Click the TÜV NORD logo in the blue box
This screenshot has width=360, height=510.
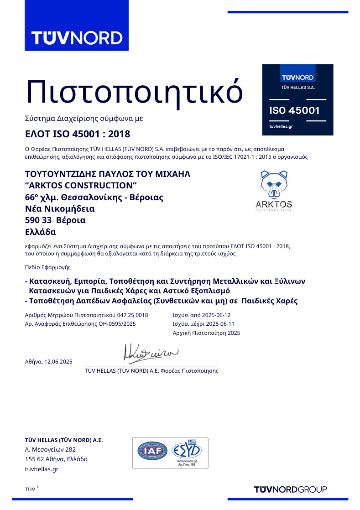[76, 37]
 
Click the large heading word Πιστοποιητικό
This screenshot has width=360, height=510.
[134, 91]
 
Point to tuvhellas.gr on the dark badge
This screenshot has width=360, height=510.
[281, 126]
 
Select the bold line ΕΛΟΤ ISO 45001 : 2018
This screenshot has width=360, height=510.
[77, 134]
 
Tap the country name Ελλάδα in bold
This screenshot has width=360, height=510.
[40, 232]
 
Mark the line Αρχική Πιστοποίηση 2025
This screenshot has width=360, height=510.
[206, 333]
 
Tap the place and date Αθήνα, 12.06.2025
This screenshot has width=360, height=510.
[48, 362]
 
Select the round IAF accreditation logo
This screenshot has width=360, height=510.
[152, 451]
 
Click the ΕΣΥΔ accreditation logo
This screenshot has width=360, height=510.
[188, 451]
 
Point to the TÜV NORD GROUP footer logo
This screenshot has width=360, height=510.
[290, 489]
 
